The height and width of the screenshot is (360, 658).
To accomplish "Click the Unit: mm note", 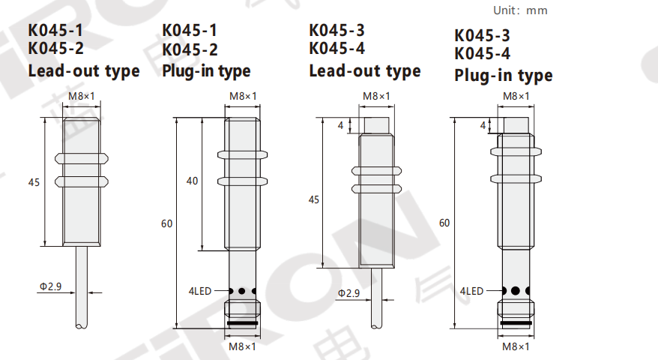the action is (x=520, y=10).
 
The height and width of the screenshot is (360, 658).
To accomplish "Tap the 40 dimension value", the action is (x=192, y=181).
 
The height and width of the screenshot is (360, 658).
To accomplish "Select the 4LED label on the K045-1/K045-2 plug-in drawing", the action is (x=200, y=291).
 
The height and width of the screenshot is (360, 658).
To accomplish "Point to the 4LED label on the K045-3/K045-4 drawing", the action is (x=471, y=291).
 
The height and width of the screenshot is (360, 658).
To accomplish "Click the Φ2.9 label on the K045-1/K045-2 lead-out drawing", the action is (x=50, y=286).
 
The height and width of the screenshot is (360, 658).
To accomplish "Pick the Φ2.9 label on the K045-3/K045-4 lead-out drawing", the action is (x=348, y=293).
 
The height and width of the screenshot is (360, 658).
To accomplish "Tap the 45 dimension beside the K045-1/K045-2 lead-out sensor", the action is (x=34, y=182).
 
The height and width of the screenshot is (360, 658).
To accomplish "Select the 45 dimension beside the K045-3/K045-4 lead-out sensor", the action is (x=314, y=199).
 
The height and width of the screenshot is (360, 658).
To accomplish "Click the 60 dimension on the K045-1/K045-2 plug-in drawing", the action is (x=167, y=223).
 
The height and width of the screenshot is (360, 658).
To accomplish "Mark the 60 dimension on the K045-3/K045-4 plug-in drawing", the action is (x=444, y=223).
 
